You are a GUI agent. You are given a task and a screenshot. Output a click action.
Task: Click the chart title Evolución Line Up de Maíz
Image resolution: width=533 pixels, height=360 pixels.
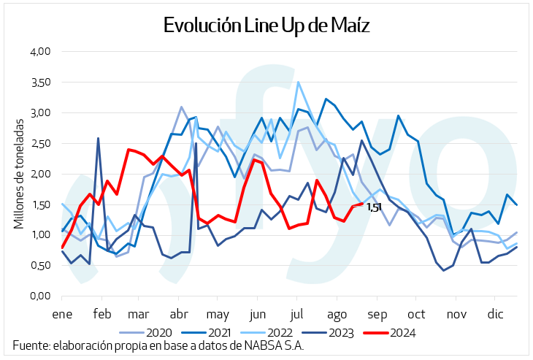click(x=266, y=26)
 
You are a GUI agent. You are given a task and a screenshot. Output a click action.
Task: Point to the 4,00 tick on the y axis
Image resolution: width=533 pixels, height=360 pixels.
click(x=39, y=52)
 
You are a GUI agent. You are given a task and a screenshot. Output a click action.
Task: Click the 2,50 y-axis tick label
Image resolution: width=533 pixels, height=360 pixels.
click(x=39, y=143)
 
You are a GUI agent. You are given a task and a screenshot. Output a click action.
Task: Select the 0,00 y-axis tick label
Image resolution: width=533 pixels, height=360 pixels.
click(x=39, y=296)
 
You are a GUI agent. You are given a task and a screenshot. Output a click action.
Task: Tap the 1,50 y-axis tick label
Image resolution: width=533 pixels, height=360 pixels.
click(x=39, y=204)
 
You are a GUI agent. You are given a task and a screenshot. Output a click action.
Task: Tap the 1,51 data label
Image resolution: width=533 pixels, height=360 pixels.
click(x=374, y=208)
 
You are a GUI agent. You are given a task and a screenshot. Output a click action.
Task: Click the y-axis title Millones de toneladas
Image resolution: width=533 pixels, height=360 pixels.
click(x=19, y=174)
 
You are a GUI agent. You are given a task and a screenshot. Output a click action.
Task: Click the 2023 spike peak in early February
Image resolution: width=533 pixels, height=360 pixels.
click(x=98, y=138)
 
